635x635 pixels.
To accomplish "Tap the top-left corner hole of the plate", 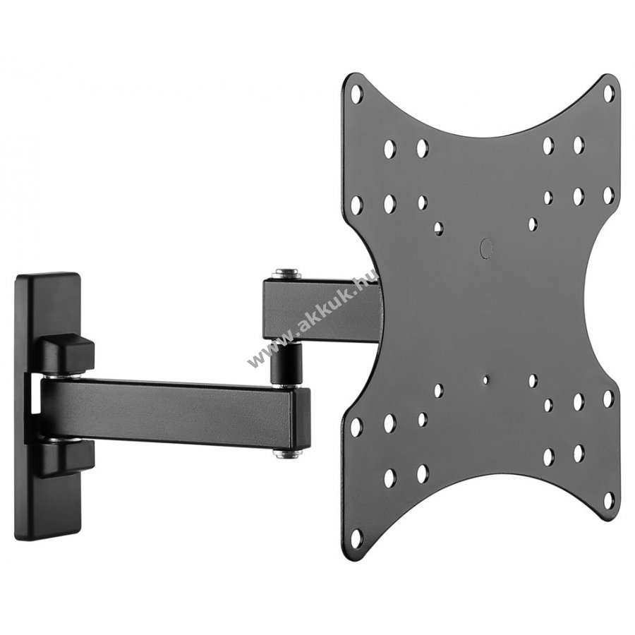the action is pyautogui.click(x=356, y=94).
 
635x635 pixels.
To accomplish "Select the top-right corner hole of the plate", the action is pyautogui.click(x=609, y=94).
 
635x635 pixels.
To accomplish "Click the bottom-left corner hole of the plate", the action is pyautogui.click(x=356, y=537).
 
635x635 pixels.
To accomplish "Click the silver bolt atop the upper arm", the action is pyautogui.click(x=286, y=274).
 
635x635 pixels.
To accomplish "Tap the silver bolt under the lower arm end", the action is pyautogui.click(x=286, y=454).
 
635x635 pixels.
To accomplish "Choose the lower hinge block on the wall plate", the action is pyautogui.click(x=67, y=456).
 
